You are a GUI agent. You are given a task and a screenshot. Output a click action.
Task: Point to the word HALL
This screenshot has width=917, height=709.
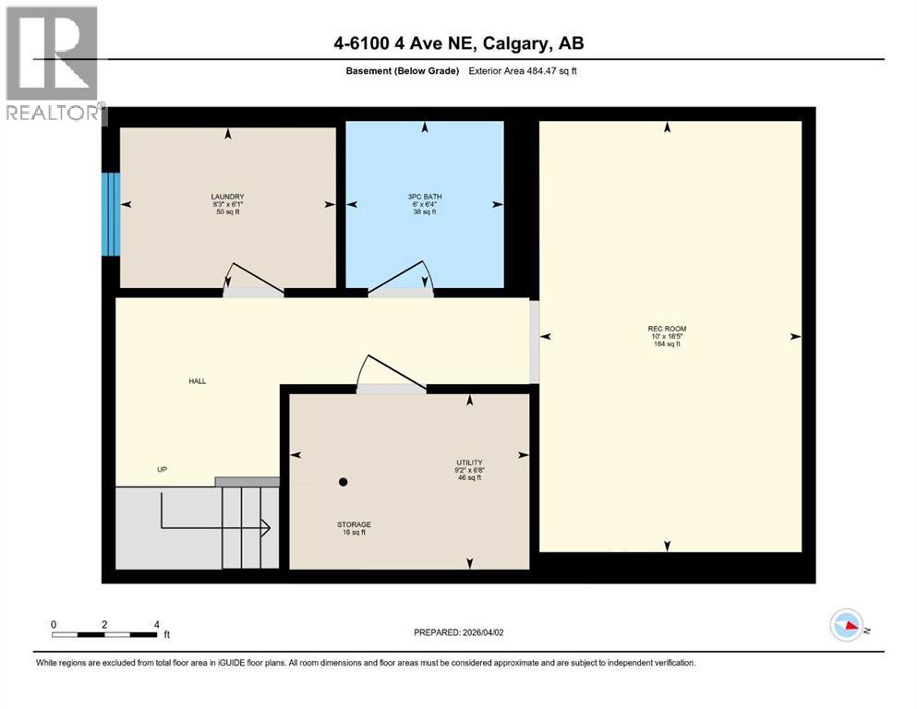197,380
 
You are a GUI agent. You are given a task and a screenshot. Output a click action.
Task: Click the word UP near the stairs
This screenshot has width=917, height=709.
162,469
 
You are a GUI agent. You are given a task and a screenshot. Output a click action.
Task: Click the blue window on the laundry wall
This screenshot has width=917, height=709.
111,214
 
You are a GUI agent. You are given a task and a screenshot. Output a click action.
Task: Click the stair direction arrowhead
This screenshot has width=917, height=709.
265,528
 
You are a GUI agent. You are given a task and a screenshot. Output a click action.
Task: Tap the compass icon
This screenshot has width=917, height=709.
847,625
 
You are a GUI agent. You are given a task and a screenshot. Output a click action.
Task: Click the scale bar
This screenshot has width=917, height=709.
104,634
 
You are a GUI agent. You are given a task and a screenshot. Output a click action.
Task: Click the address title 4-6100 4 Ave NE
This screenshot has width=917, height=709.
458,43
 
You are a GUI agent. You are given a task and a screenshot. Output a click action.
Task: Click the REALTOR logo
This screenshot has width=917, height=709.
54,65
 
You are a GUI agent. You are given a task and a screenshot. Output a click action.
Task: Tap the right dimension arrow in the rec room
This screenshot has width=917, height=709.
795,337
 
